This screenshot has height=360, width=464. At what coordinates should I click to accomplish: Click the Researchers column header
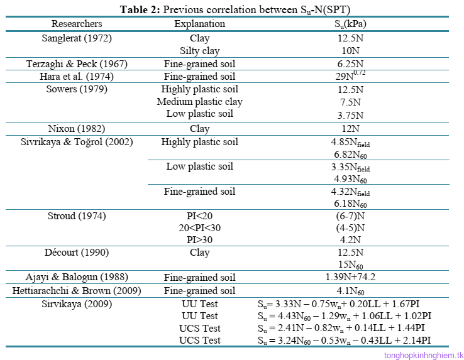[77, 24]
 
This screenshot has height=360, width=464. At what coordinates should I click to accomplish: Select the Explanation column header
[199, 24]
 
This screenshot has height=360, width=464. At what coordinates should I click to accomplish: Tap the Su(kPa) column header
[350, 25]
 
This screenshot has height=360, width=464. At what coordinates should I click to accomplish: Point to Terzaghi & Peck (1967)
[77, 64]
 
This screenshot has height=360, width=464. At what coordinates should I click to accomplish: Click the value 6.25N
[350, 64]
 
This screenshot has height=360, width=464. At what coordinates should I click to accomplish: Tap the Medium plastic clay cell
[199, 102]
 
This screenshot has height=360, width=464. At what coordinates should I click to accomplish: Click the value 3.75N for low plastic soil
[350, 114]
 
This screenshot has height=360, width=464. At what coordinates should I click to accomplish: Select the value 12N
[350, 129]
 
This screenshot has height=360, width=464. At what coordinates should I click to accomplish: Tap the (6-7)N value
[350, 216]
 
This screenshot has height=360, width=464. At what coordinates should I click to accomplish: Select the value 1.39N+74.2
[350, 278]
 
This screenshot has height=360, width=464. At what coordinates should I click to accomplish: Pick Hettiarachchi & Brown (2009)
[77, 291]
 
